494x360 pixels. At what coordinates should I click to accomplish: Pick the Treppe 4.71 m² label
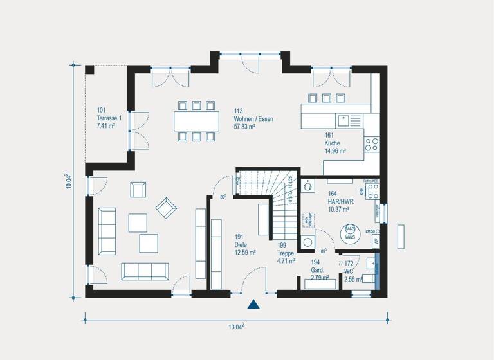pyautogui.click(x=286, y=253)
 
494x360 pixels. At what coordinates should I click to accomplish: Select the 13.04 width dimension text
pyautogui.click(x=237, y=327)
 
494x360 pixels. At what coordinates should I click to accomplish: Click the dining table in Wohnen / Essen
pyautogui.click(x=196, y=121)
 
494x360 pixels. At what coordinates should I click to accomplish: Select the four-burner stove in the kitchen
pyautogui.click(x=372, y=144)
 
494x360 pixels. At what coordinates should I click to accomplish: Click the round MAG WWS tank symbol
pyautogui.click(x=351, y=232)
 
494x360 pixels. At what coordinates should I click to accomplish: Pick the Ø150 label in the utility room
pyautogui.click(x=370, y=231)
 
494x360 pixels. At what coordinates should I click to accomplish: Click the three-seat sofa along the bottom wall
pyautogui.click(x=146, y=271)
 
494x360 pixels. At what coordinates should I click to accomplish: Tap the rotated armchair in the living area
pyautogui.click(x=165, y=206)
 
